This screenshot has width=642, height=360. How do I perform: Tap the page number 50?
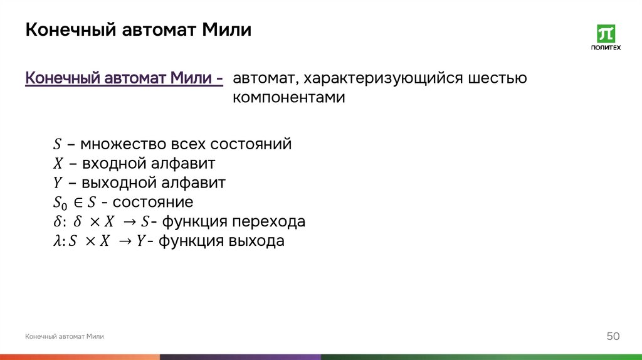613,337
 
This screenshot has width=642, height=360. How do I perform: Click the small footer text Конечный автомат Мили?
65,337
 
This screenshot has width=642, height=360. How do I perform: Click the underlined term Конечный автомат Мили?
124,79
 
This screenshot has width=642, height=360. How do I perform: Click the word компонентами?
289,98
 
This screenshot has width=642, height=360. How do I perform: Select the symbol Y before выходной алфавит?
57,183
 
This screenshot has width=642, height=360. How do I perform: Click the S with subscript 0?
59,203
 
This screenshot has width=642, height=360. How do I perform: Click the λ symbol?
56,241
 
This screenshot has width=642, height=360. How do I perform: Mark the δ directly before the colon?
56,222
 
